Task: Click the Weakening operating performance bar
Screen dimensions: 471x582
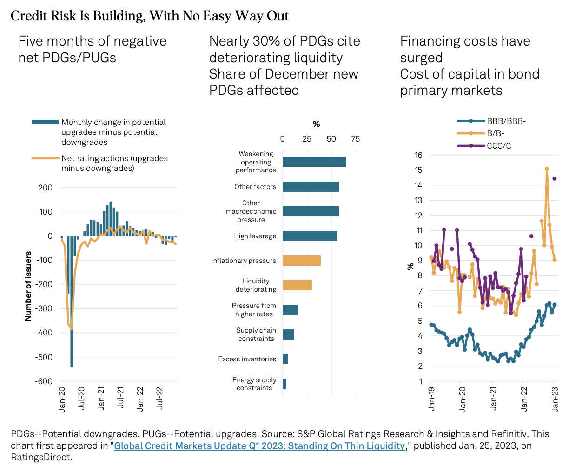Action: pyautogui.click(x=314, y=162)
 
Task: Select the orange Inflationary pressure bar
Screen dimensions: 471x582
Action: pyautogui.click(x=301, y=261)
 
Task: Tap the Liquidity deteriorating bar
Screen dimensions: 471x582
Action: pyautogui.click(x=297, y=285)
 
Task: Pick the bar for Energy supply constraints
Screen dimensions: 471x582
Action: pyautogui.click(x=284, y=384)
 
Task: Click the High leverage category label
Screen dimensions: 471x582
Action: pyautogui.click(x=255, y=236)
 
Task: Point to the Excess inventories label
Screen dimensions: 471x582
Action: pyautogui.click(x=247, y=359)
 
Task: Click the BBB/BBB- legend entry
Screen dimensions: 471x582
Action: pyautogui.click(x=506, y=121)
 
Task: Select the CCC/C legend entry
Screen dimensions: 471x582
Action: pyautogui.click(x=499, y=146)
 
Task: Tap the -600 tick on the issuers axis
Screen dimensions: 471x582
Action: pyautogui.click(x=44, y=381)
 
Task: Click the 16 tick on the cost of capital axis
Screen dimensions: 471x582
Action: pyautogui.click(x=418, y=155)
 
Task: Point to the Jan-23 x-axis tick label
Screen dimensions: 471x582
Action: pyautogui.click(x=555, y=399)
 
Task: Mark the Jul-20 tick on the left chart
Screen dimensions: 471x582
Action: pyautogui.click(x=82, y=398)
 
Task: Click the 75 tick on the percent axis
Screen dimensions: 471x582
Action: pyautogui.click(x=356, y=139)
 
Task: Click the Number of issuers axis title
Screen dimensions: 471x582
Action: pyautogui.click(x=28, y=286)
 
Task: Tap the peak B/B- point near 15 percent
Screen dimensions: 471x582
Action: pyautogui.click(x=547, y=169)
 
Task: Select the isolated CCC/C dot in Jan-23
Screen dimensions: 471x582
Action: pyautogui.click(x=555, y=178)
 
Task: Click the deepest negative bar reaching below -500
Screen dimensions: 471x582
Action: pyautogui.click(x=72, y=302)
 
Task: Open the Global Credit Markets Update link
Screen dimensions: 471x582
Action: pyautogui.click(x=259, y=446)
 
